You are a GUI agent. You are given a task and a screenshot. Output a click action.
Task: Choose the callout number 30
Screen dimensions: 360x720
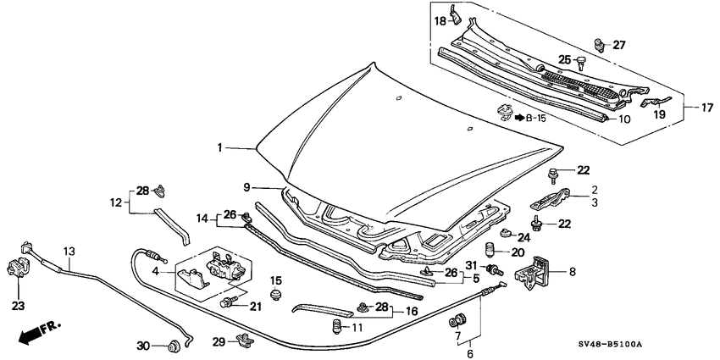tap(144, 345)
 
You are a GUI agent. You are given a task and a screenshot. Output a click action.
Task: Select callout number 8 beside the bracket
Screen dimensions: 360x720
tap(572, 272)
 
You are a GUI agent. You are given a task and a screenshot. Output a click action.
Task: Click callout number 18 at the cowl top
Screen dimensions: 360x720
tap(440, 19)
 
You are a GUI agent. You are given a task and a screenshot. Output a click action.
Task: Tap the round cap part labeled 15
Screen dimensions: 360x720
tap(275, 295)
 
